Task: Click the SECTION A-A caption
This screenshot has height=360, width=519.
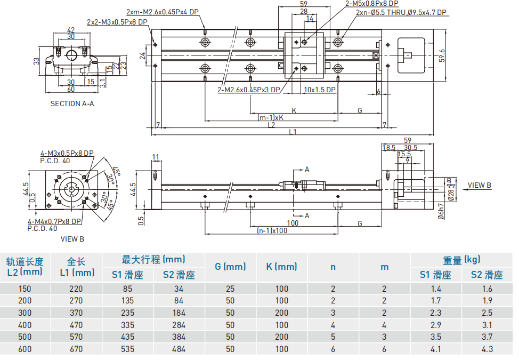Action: [x=72, y=103]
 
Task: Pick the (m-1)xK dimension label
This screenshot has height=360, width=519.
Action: [x=271, y=117]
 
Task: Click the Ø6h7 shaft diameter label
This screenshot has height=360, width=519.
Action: [x=441, y=212]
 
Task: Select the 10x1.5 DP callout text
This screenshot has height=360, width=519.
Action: [x=320, y=90]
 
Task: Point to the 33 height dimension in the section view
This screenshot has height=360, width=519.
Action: [x=37, y=61]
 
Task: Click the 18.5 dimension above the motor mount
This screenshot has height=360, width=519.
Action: [x=389, y=148]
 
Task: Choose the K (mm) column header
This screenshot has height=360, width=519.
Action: [x=281, y=267]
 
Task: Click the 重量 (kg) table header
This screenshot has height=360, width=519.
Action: [x=461, y=260]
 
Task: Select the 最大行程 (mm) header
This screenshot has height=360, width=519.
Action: [x=153, y=260]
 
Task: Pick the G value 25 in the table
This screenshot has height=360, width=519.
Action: [x=230, y=289]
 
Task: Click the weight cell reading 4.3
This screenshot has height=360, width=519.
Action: [x=486, y=349]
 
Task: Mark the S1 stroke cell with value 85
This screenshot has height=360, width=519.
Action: [x=127, y=289]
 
